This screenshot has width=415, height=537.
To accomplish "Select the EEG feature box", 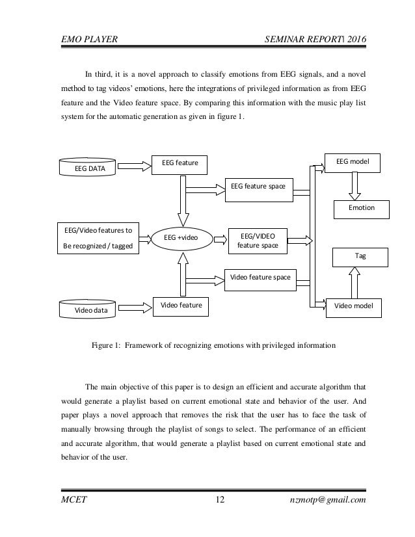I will [x=179, y=164].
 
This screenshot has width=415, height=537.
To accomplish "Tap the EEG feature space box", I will [x=259, y=187].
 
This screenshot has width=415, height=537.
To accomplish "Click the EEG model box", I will [x=353, y=161].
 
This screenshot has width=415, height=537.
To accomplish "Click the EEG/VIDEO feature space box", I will [x=258, y=240].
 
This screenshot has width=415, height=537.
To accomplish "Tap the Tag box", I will [x=360, y=256].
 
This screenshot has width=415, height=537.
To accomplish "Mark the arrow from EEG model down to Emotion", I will [x=353, y=187].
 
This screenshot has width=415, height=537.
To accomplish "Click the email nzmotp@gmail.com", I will [x=330, y=499].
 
